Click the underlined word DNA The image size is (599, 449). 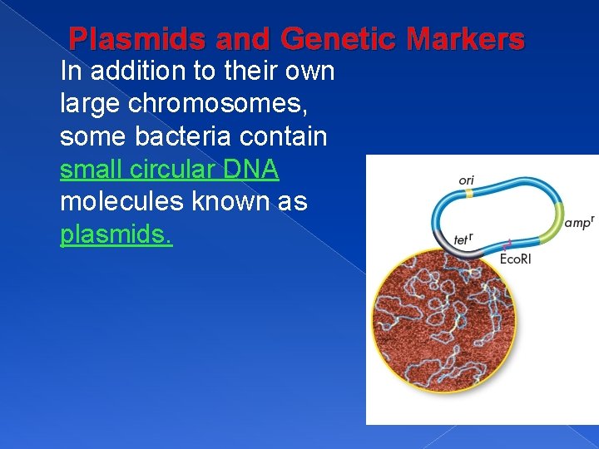point(250,170)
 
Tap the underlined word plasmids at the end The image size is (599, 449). point(116,235)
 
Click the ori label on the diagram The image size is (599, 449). point(467,180)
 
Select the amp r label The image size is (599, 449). point(578,222)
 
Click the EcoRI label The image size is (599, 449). point(516,259)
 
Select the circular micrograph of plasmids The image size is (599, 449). point(443,319)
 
